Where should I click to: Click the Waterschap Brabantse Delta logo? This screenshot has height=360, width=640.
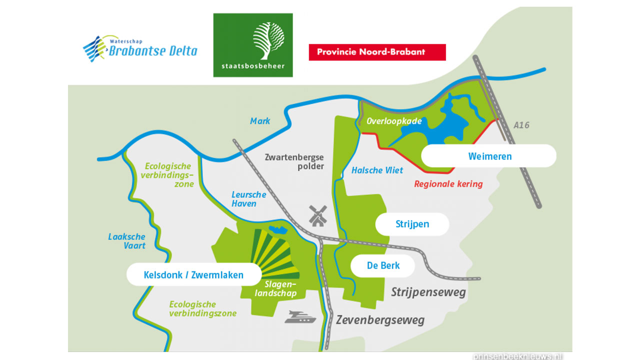click(x=140, y=48)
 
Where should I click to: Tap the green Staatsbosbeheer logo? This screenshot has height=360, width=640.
click(x=253, y=45)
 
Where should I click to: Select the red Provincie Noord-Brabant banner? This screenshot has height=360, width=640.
click(x=377, y=52)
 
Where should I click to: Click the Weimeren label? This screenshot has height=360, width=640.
click(x=489, y=156)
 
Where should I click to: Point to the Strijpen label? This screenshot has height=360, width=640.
click(x=412, y=224)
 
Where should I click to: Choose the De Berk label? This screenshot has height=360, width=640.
click(x=383, y=265)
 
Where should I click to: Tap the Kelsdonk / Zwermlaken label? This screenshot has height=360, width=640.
click(x=193, y=275)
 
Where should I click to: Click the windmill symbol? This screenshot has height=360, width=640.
click(x=317, y=215)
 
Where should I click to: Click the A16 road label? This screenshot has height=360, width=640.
click(x=521, y=125)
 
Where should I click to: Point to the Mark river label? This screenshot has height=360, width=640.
click(x=260, y=121)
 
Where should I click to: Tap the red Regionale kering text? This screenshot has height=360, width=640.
click(x=448, y=184)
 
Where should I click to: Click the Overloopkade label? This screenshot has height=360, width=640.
click(x=394, y=121)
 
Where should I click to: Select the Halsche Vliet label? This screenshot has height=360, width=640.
click(x=377, y=170)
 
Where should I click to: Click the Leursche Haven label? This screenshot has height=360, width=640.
click(x=248, y=199)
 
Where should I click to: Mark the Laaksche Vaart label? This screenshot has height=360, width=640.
click(x=127, y=241)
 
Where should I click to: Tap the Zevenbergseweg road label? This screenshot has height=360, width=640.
click(x=380, y=320)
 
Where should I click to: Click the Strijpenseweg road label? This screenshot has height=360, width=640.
click(x=428, y=292)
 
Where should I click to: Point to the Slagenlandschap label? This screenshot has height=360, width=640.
click(x=275, y=289)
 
